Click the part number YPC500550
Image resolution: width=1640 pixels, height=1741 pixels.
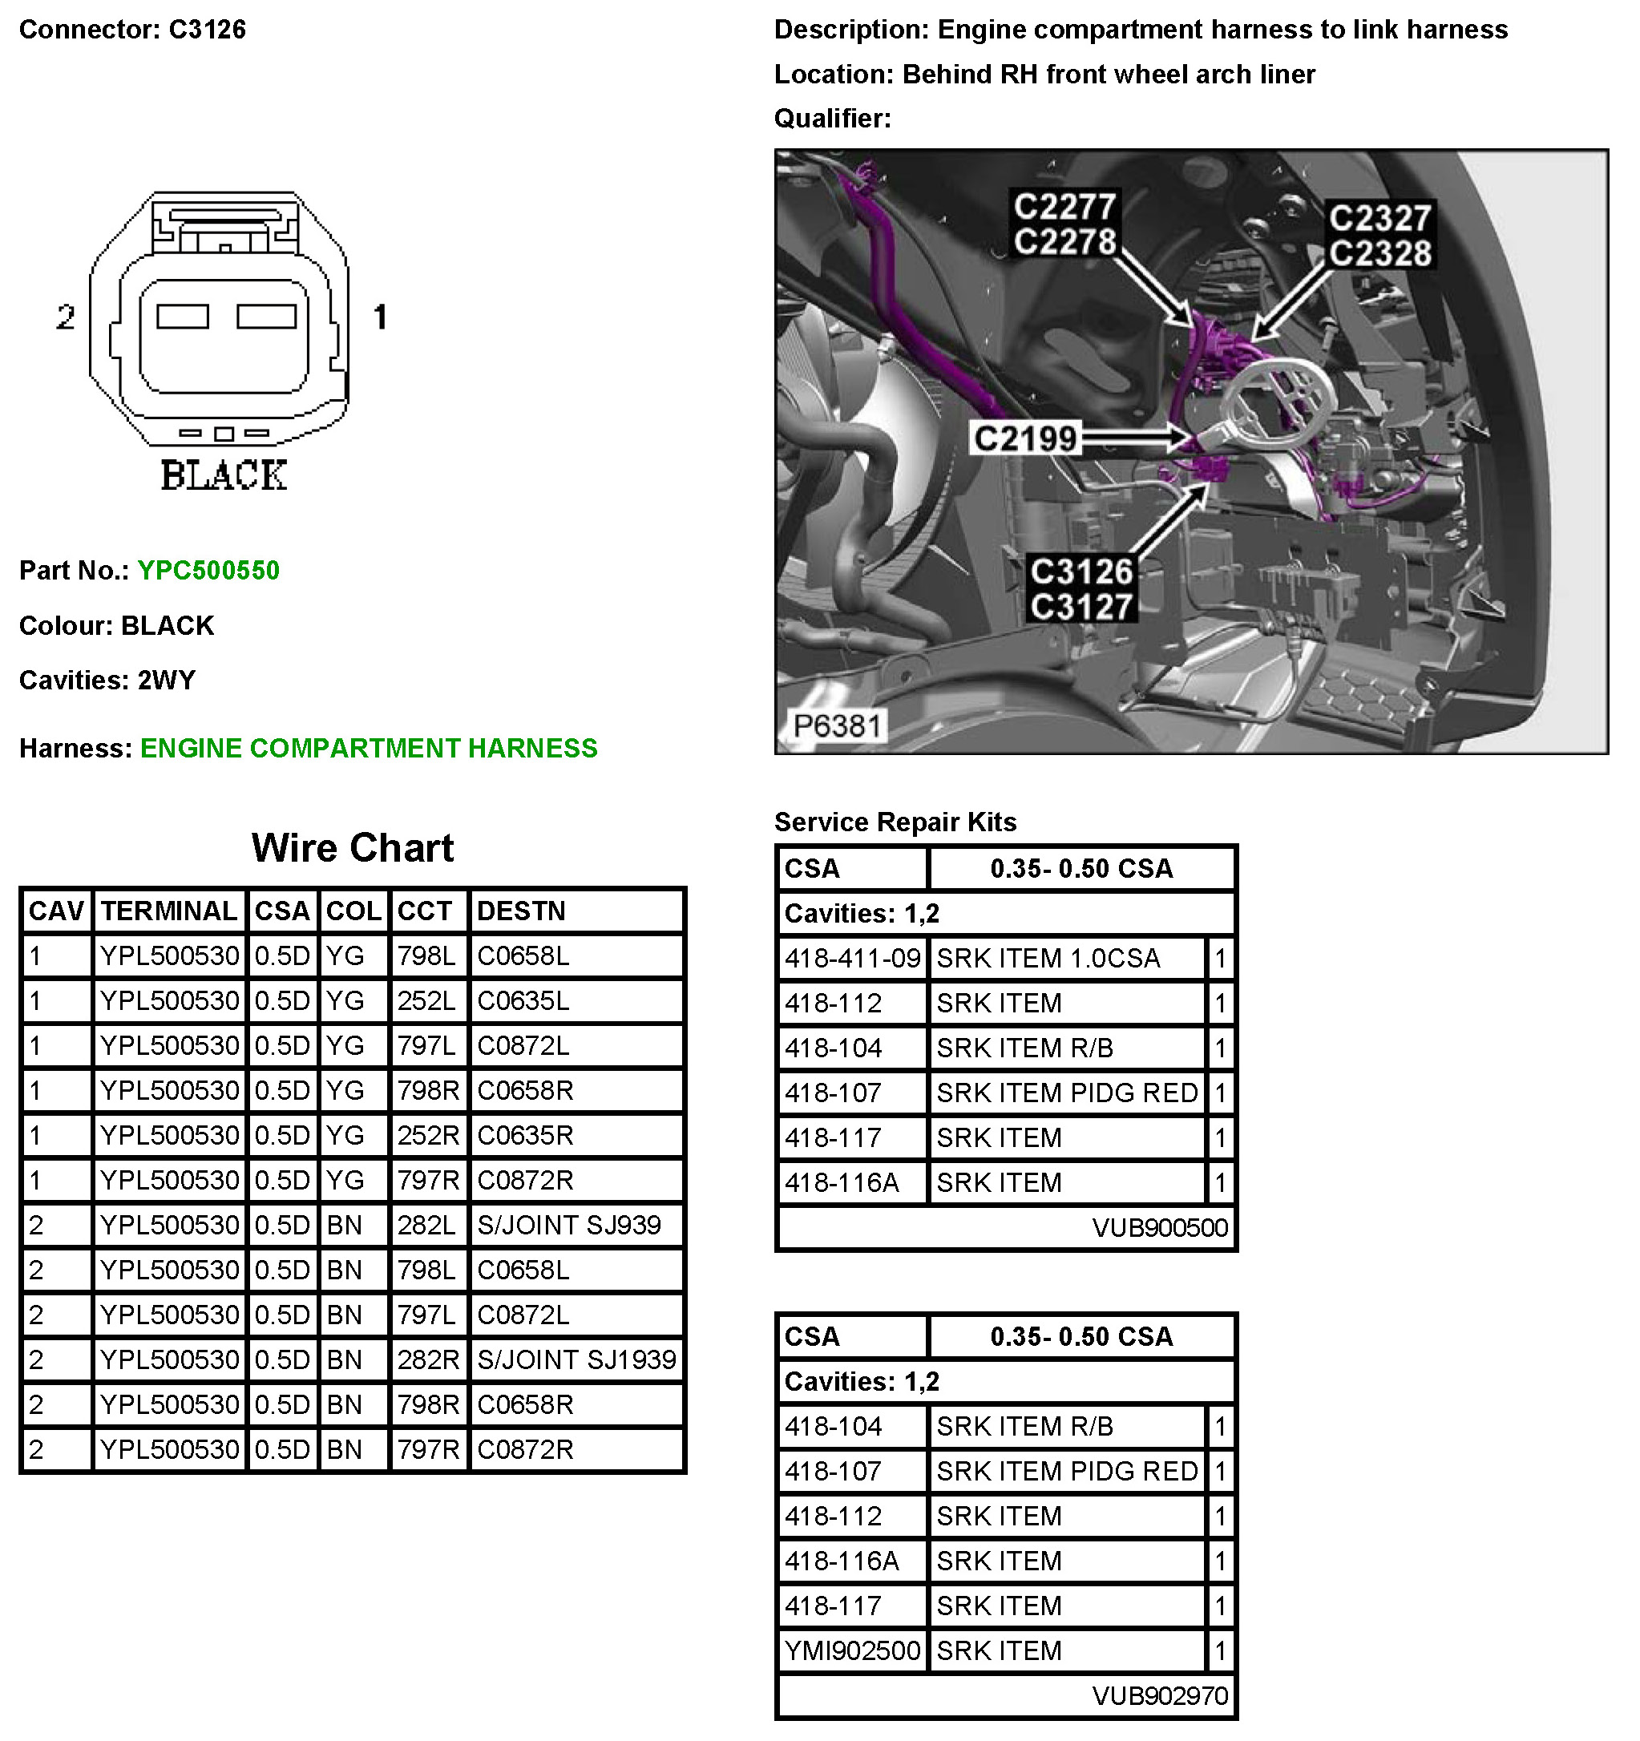pyautogui.click(x=208, y=570)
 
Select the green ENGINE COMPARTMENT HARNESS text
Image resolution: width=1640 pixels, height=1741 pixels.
pyautogui.click(x=369, y=748)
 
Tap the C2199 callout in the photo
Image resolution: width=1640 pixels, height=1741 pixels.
pyautogui.click(x=1024, y=438)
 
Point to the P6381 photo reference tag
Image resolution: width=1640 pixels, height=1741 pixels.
pyautogui.click(x=836, y=725)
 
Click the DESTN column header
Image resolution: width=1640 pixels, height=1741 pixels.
pyautogui.click(x=521, y=911)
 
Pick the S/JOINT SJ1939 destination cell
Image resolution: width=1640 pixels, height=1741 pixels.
pyautogui.click(x=576, y=1359)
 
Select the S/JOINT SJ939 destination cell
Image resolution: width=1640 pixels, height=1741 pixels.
pyautogui.click(x=568, y=1224)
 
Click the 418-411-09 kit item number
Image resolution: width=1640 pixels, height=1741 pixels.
pyautogui.click(x=852, y=958)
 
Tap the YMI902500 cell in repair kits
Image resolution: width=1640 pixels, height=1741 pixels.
pyautogui.click(x=852, y=1650)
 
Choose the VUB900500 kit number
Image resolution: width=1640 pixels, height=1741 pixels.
pyautogui.click(x=1159, y=1227)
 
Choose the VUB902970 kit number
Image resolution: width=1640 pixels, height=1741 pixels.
pyautogui.click(x=1159, y=1695)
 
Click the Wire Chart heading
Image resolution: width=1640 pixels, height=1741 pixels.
pyautogui.click(x=352, y=847)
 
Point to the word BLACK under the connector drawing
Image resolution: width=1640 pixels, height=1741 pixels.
pyautogui.click(x=224, y=475)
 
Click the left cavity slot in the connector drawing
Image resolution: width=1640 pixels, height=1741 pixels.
pyautogui.click(x=182, y=316)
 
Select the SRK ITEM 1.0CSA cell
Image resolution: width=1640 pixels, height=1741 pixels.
pyautogui.click(x=1048, y=958)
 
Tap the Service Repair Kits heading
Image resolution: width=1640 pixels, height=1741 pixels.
pyautogui.click(x=895, y=822)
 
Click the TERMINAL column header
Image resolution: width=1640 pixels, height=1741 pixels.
pyautogui.click(x=168, y=911)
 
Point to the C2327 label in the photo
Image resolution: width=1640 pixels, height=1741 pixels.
pyautogui.click(x=1379, y=217)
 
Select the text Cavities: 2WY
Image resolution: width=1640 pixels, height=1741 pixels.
pyautogui.click(x=107, y=680)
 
